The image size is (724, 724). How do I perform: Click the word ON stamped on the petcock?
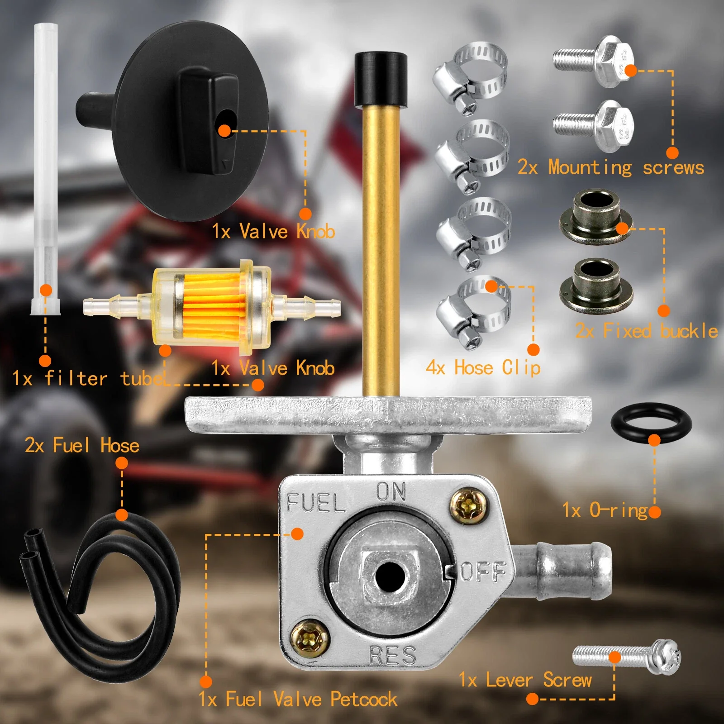click(x=391, y=492)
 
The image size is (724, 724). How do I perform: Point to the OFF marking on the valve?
click(x=483, y=572)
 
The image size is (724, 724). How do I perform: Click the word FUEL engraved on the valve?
click(x=316, y=503)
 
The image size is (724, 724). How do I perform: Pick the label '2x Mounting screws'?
click(x=611, y=167)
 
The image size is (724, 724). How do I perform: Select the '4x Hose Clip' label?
click(x=483, y=368)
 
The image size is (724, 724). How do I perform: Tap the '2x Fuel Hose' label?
click(x=82, y=445)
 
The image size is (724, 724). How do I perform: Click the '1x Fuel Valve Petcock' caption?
click(x=298, y=699)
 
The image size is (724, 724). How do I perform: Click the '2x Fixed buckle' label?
click(x=646, y=331)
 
